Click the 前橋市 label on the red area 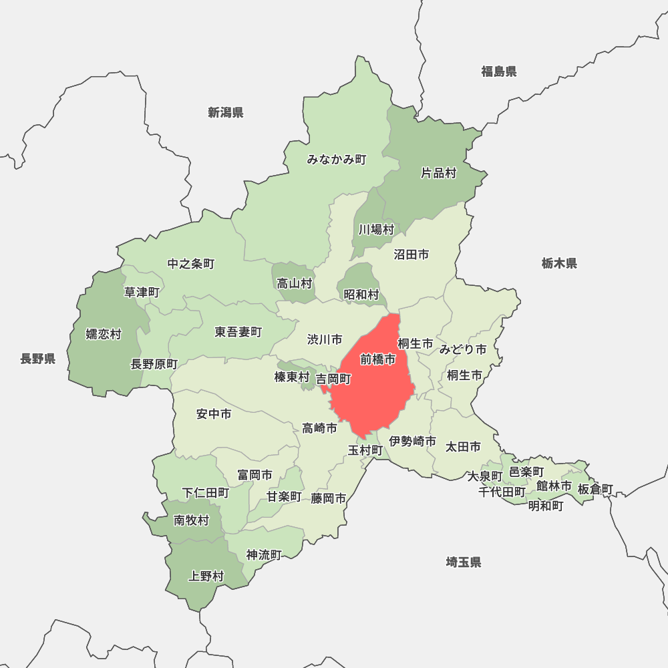377,359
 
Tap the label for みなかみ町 337,160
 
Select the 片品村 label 438,173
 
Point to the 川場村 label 375,230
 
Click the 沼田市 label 411,255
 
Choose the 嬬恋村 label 104,334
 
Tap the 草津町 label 142,292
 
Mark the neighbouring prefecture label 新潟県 225,112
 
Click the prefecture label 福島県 498,71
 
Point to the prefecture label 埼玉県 464,562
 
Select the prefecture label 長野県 37,359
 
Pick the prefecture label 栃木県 559,263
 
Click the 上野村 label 206,576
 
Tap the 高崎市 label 319,428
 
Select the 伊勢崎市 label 413,442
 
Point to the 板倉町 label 595,490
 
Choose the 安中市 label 214,414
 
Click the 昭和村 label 361,295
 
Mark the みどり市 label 462,349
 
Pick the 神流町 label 264,554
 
